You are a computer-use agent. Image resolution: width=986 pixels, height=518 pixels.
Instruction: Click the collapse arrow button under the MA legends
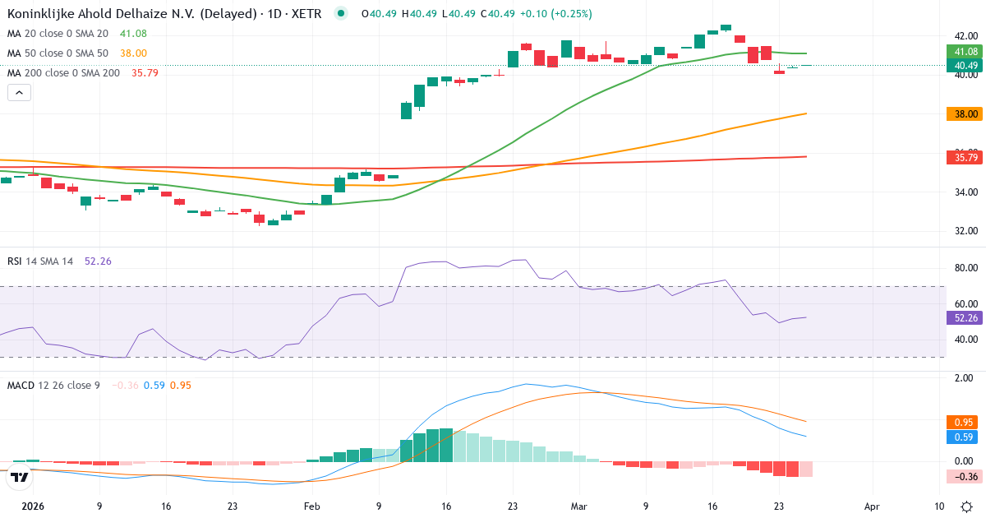coord(19,92)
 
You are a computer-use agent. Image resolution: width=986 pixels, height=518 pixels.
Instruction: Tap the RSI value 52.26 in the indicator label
coord(98,261)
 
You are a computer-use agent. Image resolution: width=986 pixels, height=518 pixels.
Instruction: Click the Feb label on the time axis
coord(311,507)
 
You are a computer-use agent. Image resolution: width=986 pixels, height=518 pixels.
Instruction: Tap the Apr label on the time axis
coord(872,507)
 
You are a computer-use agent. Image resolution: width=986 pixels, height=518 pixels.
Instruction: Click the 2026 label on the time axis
coord(33,507)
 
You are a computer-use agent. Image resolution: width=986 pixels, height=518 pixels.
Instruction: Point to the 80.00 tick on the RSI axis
coord(965,268)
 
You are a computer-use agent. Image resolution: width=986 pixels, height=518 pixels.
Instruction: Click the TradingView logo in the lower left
coord(21,477)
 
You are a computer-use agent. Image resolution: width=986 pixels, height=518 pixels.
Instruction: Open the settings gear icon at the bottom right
coord(968,507)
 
